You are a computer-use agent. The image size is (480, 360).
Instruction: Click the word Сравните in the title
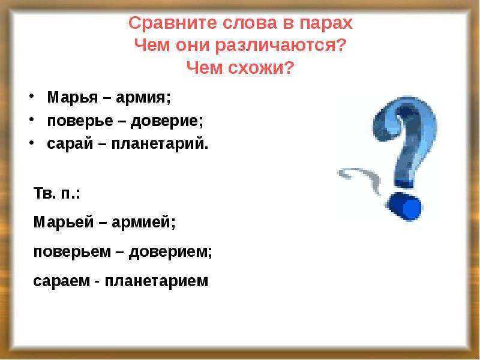pos(172,23)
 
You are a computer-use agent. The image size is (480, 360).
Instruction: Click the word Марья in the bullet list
pos(73,98)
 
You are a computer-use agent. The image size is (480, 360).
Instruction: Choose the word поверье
pos(80,121)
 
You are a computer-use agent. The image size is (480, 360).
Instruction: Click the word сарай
pos(70,144)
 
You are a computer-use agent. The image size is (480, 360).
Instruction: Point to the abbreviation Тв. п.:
pos(56,193)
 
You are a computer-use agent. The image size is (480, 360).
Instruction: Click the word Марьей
pos(64,221)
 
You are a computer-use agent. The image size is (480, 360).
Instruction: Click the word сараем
pos(62,281)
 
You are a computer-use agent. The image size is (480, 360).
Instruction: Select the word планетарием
pos(157,281)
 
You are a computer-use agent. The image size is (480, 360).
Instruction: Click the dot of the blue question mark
pos(404,206)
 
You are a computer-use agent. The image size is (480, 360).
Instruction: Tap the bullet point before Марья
pos(32,96)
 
